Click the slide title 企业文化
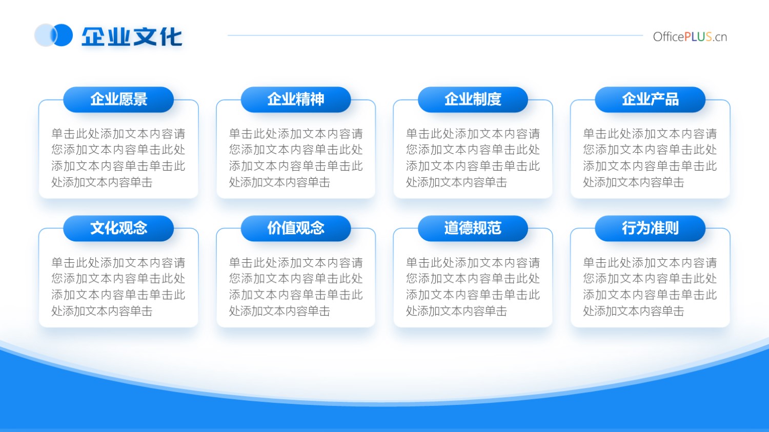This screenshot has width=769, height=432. [x=131, y=36]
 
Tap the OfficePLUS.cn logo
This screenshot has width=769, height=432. [x=690, y=37]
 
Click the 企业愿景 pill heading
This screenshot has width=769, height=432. [x=118, y=99]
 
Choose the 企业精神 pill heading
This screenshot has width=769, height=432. [x=296, y=99]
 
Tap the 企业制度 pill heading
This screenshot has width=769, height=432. [x=473, y=99]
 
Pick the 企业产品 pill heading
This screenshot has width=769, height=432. [x=650, y=99]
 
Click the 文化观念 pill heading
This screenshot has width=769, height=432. [x=118, y=228]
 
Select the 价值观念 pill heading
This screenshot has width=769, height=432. [x=296, y=228]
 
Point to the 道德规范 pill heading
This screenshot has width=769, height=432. [x=473, y=228]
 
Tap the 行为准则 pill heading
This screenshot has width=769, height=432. [x=650, y=228]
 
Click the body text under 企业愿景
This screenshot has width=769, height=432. [x=118, y=158]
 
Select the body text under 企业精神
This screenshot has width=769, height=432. [x=296, y=158]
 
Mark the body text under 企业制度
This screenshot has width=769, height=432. [x=473, y=158]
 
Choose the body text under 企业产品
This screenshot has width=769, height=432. [x=650, y=158]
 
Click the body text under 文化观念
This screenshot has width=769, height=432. [x=118, y=287]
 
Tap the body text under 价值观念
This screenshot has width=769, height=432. [x=296, y=287]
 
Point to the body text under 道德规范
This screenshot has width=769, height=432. [x=473, y=287]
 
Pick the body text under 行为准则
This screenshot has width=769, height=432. [x=650, y=287]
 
